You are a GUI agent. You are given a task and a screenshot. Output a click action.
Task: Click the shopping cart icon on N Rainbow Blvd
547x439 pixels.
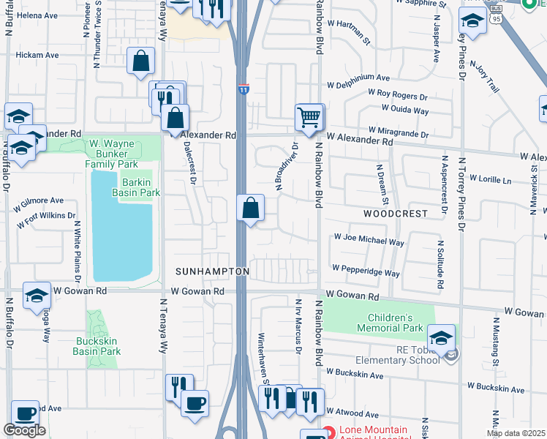(309, 117)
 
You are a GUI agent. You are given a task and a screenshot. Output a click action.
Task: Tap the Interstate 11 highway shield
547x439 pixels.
(243, 89)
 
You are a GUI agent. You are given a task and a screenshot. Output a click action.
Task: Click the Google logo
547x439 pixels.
(24, 430)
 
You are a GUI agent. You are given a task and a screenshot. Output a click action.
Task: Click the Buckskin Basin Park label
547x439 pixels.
(97, 346)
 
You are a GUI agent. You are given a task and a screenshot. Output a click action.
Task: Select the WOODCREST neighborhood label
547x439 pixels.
(395, 214)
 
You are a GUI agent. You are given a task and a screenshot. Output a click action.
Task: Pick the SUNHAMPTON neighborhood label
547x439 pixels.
(212, 271)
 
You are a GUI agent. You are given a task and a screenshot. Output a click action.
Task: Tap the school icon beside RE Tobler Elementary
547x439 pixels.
(441, 337)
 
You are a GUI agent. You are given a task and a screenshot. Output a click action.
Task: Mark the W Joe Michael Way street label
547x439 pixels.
(369, 239)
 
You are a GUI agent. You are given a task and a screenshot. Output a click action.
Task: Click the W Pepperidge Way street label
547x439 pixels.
(366, 271)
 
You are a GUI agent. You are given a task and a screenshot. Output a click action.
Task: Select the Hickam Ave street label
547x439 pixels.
(37, 55)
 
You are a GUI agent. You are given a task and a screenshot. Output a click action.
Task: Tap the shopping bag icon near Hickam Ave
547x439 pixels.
(140, 61)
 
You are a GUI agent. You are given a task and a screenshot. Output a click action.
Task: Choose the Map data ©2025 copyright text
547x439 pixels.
(516, 433)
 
